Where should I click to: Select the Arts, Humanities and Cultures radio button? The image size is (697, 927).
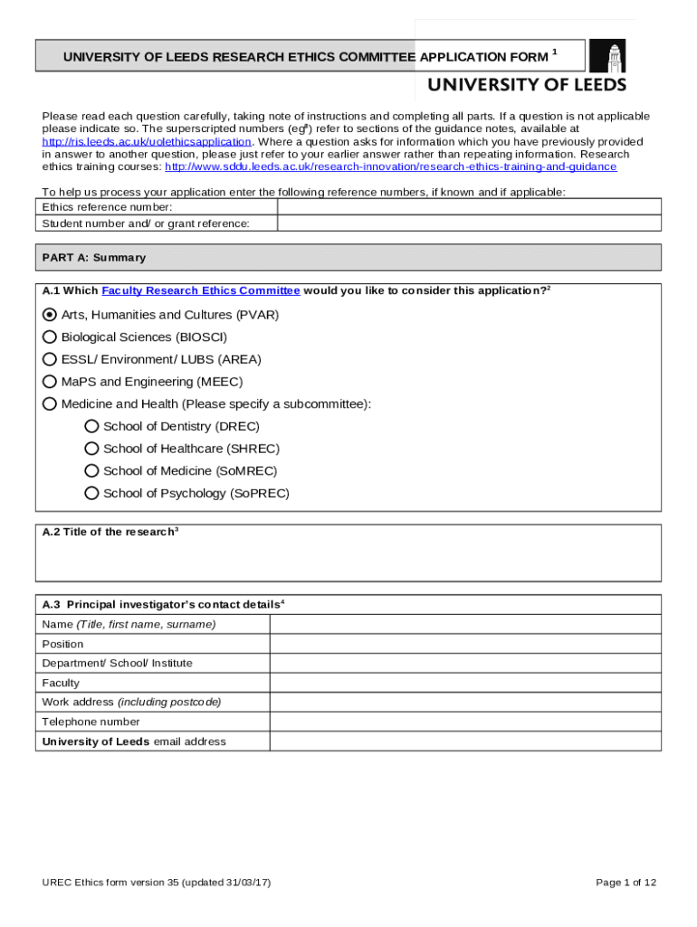50,315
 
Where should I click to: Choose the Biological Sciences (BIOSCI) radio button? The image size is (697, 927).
50,337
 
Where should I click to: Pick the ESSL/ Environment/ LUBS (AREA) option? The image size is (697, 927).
50,359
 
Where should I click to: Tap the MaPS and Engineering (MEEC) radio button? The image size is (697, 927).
50,382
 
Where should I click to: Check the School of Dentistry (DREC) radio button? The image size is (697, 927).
91,426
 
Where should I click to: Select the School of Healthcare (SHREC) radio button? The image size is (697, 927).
91,449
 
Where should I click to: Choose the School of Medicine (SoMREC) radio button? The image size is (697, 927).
91,471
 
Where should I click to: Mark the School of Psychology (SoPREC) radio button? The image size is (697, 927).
91,493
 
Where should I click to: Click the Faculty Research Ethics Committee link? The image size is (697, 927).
201,291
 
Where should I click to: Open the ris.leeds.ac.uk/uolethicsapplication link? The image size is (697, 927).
147,142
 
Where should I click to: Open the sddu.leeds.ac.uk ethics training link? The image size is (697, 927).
390,167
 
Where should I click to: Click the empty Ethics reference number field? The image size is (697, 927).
468,207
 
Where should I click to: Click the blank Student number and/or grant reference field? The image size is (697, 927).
468,224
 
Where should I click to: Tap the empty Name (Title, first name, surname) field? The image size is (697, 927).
464,625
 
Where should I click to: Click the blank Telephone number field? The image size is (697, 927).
464,722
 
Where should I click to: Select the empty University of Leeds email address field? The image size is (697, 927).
464,741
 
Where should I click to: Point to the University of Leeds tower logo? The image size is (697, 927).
607,56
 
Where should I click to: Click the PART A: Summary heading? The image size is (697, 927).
94,258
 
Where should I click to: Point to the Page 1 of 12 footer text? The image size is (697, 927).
625,883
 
